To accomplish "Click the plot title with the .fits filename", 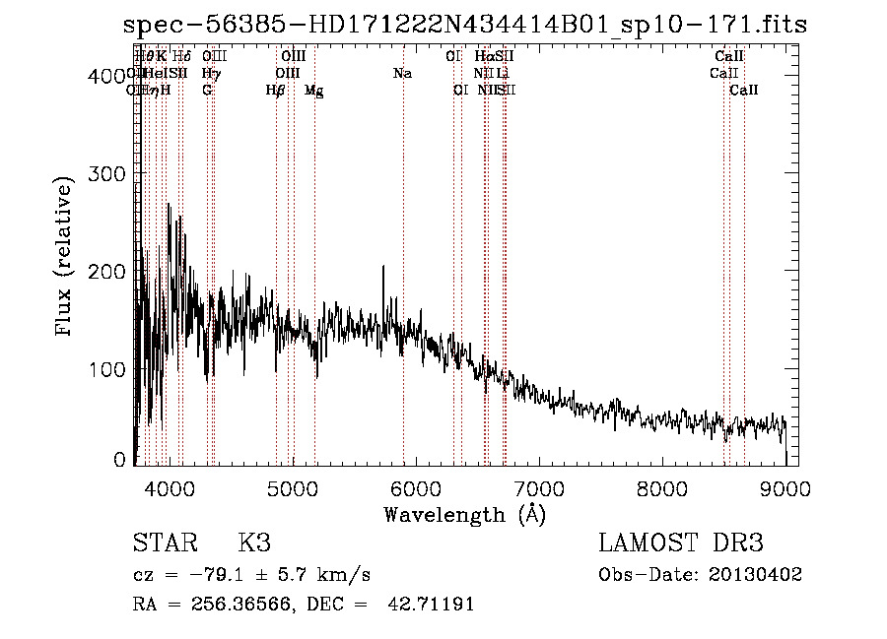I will [x=465, y=25].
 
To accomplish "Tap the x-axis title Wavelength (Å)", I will [x=464, y=514].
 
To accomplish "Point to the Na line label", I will [x=402, y=74].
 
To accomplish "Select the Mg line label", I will [x=313, y=91].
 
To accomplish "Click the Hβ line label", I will [x=276, y=91].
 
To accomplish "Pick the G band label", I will [x=207, y=91].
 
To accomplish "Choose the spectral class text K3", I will [x=254, y=543].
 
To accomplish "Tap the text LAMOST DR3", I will [x=681, y=543].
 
